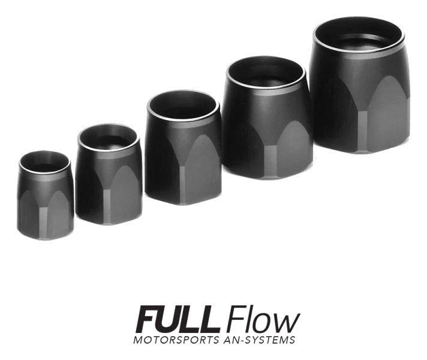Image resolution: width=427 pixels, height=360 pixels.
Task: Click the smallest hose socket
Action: (x=45, y=195)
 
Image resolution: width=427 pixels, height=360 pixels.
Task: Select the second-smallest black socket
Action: (x=109, y=175)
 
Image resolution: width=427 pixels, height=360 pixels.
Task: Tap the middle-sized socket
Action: (x=183, y=148)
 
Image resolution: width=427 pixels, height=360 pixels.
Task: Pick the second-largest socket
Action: (x=267, y=118)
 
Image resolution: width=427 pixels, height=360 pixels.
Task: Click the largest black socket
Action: (x=359, y=85)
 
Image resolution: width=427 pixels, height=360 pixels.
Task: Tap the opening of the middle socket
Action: (x=183, y=106)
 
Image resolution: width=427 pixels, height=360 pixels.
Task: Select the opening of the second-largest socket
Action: (x=266, y=73)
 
